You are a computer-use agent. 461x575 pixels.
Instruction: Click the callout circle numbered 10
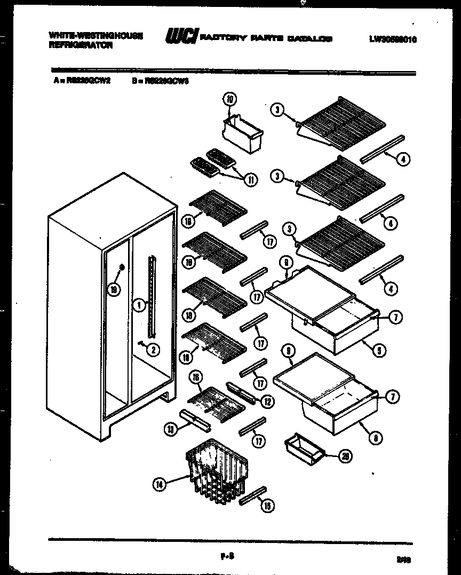(229, 100)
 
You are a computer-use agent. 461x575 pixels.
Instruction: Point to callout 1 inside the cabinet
(138, 305)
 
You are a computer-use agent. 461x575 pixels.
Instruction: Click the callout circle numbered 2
(153, 350)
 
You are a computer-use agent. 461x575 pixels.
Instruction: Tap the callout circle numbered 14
(159, 484)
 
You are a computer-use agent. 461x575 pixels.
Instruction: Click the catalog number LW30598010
(392, 38)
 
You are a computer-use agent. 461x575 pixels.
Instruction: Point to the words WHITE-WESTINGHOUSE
(96, 35)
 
